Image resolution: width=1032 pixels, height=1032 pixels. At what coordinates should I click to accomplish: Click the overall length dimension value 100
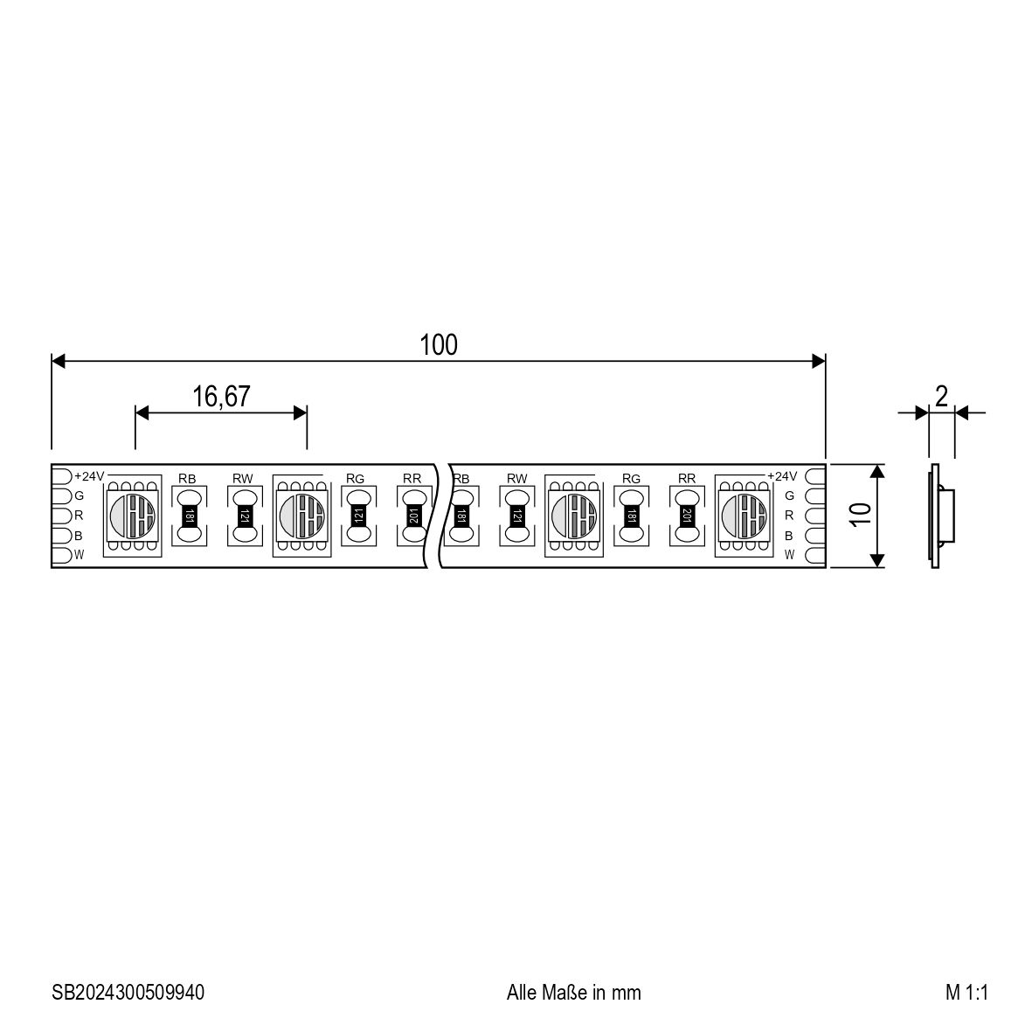tap(439, 345)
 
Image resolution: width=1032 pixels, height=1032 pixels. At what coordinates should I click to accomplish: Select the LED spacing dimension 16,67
tap(221, 397)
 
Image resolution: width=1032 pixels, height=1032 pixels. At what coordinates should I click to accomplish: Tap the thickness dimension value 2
tap(941, 396)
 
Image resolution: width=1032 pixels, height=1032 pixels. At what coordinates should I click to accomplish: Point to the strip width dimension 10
tap(860, 514)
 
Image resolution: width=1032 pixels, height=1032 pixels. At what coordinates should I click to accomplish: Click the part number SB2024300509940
tap(128, 992)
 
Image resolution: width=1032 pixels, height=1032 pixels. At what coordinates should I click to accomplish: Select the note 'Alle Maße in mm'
tap(573, 992)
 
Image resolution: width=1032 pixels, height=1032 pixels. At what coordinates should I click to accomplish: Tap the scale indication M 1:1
tap(966, 992)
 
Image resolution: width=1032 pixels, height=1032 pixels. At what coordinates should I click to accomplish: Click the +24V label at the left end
tap(89, 476)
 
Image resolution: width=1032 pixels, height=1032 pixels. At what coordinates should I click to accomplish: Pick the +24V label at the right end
tap(782, 476)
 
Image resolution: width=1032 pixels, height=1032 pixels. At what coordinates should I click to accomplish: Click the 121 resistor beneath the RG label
tap(358, 516)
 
